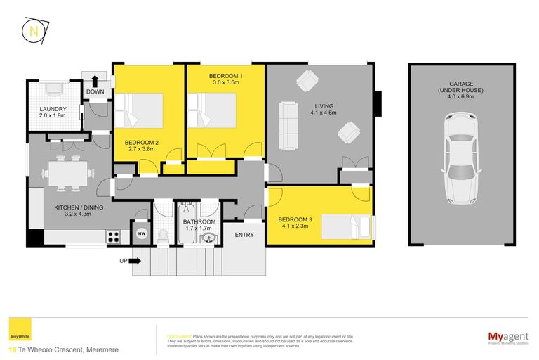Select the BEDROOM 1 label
226,75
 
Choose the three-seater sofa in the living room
287,126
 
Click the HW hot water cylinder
141,233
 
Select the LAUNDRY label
53,109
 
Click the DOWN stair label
95,91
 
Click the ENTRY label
244,235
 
